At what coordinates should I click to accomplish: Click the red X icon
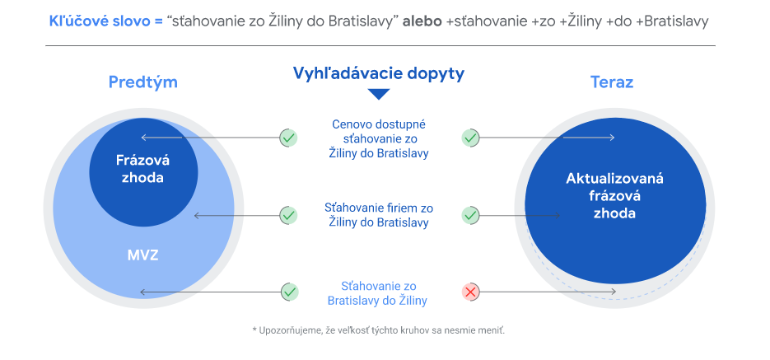[470, 292]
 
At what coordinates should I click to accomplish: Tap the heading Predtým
[143, 82]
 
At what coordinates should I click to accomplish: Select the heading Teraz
[611, 82]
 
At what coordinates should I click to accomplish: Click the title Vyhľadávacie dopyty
[379, 73]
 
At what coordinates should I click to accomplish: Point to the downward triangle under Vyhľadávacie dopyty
[379, 93]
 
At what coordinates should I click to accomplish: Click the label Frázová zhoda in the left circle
[143, 168]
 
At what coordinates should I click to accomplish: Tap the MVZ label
[143, 255]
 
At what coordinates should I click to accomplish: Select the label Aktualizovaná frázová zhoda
[614, 195]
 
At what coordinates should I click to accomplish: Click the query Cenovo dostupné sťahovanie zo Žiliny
[379, 139]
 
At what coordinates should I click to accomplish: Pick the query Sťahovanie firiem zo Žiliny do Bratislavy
[379, 215]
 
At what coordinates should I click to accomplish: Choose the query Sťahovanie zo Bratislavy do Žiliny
[377, 293]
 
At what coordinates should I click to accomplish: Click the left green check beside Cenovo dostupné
[289, 138]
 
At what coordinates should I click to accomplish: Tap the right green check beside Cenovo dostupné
[470, 138]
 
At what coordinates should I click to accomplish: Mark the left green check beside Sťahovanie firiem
[289, 215]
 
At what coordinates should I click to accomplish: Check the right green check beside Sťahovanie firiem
[470, 215]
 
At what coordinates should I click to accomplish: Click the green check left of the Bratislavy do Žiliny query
[289, 292]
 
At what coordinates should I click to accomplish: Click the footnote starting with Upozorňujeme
[379, 330]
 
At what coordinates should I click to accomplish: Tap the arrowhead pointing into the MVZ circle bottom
[142, 292]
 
